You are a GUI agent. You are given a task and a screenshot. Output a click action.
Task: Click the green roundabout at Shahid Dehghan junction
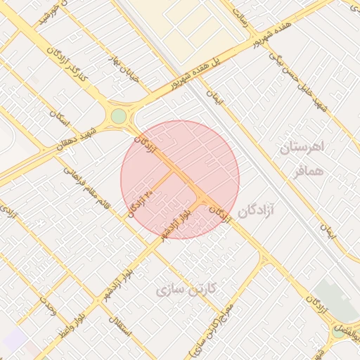[118, 115]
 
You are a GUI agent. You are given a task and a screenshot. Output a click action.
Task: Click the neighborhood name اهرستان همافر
[302, 157]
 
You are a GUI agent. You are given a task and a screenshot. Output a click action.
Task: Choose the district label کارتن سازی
[186, 288]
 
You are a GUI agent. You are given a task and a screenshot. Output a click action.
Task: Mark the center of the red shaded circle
[180, 179]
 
